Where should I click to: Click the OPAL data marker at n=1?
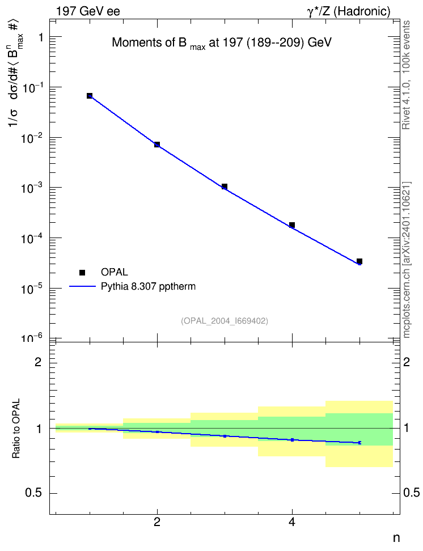tap(90, 96)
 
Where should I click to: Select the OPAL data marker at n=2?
tap(157, 145)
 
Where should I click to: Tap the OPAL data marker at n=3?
tap(225, 187)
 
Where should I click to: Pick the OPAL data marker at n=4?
tap(292, 225)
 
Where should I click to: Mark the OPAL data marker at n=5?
tap(359, 261)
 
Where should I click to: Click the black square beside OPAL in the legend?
tap(82, 272)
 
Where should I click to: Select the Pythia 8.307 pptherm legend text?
tap(148, 287)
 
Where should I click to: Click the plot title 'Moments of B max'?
tap(159, 44)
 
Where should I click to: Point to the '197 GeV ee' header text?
tap(88, 11)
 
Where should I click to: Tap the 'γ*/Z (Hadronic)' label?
tap(349, 11)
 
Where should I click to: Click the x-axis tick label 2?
tap(157, 522)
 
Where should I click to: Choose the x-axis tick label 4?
tap(292, 522)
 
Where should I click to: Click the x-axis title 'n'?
tap(396, 539)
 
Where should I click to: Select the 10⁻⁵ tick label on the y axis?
tap(32, 288)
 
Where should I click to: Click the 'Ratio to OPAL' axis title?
tap(16, 429)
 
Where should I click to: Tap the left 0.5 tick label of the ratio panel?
tap(33, 493)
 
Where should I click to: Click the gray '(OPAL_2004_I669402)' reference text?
tap(225, 321)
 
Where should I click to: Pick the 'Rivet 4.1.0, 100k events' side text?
tap(406, 75)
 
